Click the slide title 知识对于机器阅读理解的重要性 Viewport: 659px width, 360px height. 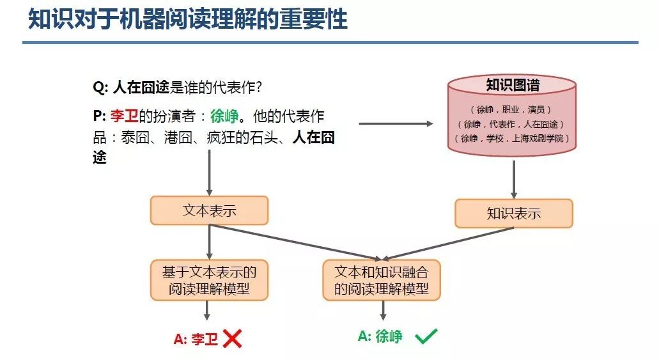[x=188, y=19]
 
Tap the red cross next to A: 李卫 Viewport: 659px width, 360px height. [x=232, y=338]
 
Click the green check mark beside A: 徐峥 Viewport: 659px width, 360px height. [x=426, y=336]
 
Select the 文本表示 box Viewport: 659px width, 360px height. [x=209, y=210]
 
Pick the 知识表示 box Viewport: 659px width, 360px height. [x=513, y=214]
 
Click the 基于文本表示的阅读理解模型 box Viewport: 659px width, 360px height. [x=209, y=280]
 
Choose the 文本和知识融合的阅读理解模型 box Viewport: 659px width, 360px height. [x=382, y=280]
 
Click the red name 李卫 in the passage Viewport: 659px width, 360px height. [x=124, y=117]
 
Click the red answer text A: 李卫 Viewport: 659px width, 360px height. [x=196, y=340]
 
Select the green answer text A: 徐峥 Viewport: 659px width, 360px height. [x=380, y=336]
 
